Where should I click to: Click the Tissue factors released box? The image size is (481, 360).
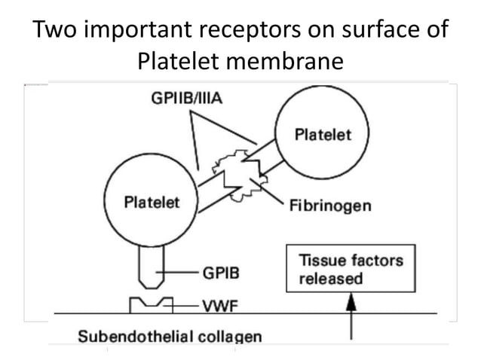point(351,269)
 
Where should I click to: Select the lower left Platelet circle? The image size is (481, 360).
point(151,203)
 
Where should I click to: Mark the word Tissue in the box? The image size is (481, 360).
point(320,261)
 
